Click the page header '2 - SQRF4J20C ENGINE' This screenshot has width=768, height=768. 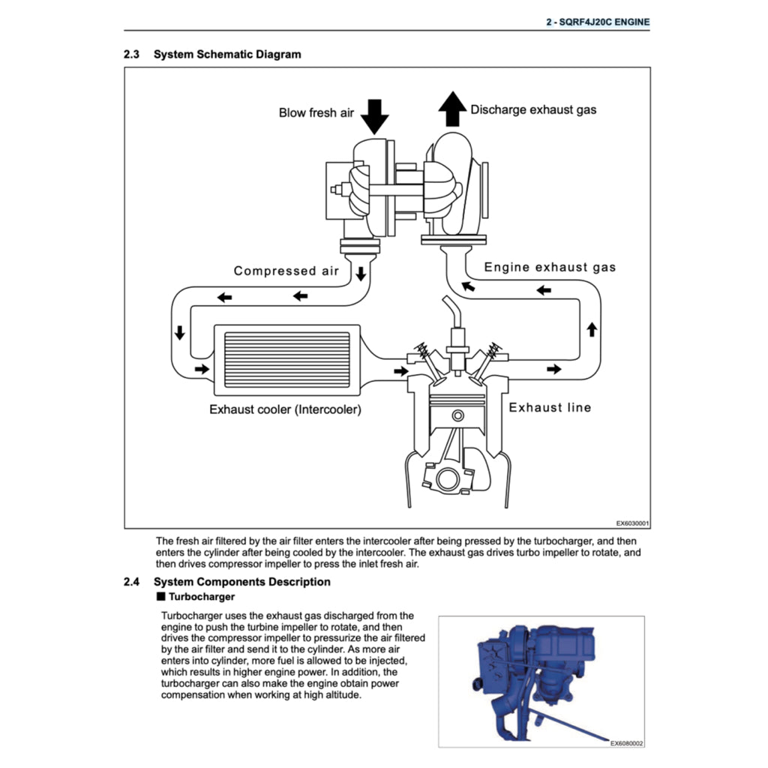click(597, 22)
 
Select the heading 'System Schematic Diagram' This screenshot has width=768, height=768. click(227, 55)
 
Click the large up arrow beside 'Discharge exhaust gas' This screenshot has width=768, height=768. click(451, 109)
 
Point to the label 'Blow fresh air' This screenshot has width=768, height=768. click(316, 113)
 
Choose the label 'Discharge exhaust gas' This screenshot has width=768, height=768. click(533, 109)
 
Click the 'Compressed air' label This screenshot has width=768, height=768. click(286, 271)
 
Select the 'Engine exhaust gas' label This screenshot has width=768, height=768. click(550, 267)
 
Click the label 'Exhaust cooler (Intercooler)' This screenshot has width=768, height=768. click(285, 409)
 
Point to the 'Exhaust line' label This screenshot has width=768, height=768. click(550, 407)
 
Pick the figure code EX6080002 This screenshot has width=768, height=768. click(626, 743)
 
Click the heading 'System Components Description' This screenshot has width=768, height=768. click(241, 582)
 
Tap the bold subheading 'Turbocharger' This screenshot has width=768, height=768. click(202, 597)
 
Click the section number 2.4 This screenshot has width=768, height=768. click(132, 582)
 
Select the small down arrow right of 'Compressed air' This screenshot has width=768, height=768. click(361, 273)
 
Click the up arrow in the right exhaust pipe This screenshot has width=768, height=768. click(592, 328)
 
